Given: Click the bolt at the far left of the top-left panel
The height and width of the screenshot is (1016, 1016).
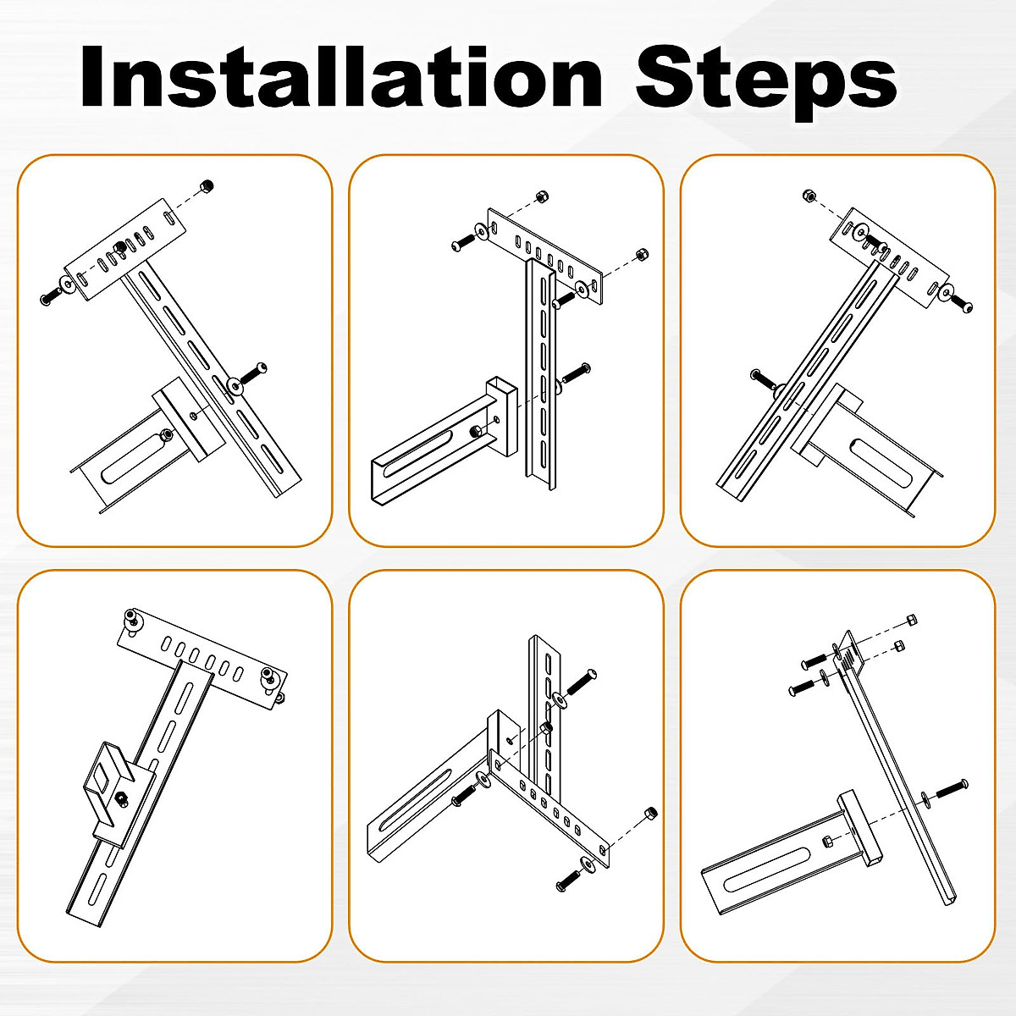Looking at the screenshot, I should (x=49, y=297).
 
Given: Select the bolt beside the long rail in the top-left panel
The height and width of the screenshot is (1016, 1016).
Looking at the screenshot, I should (x=256, y=372).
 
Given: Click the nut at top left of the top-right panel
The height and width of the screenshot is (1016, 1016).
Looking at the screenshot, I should (x=809, y=196).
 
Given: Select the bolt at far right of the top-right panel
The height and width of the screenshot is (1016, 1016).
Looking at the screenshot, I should (x=963, y=304).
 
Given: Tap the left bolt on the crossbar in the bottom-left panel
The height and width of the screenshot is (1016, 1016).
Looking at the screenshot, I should (x=132, y=620).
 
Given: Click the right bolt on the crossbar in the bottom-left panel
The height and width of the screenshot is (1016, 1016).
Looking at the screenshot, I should (x=269, y=678).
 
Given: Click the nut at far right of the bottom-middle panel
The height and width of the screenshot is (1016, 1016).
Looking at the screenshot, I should (x=650, y=813).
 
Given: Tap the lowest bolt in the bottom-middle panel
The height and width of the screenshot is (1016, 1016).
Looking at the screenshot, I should (x=566, y=882).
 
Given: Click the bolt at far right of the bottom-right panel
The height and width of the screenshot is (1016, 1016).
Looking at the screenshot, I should (x=956, y=785).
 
